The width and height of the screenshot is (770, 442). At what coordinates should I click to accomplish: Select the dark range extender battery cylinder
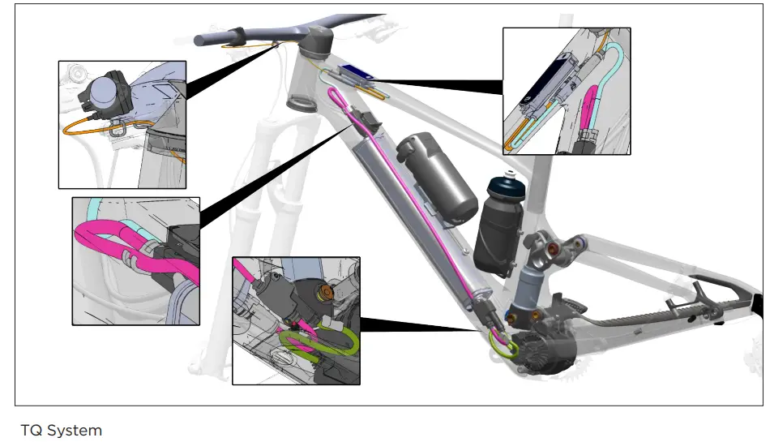437,179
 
